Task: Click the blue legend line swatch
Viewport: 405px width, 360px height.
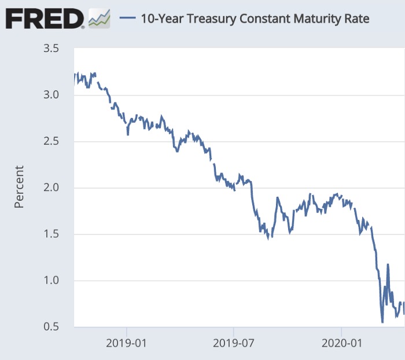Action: (x=127, y=19)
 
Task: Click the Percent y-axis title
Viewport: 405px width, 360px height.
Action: (x=19, y=187)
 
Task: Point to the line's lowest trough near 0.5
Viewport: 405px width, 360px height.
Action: (x=382, y=321)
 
